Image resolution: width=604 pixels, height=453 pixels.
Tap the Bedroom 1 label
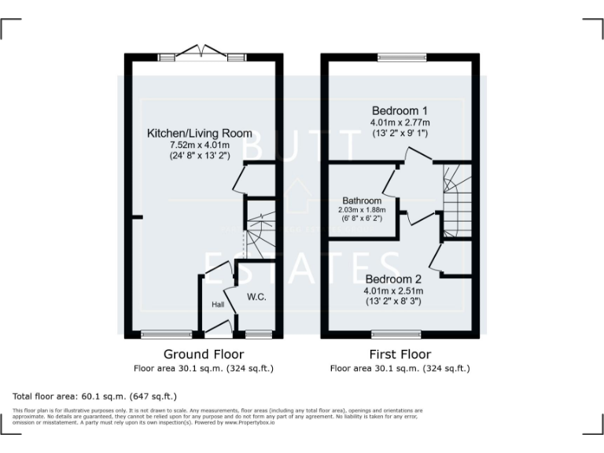click(400, 111)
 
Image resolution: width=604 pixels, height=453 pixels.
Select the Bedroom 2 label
click(394, 279)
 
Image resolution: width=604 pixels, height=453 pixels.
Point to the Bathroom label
click(362, 201)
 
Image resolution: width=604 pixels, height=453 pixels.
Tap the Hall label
click(217, 304)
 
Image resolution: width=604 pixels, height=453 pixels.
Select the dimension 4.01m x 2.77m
click(400, 123)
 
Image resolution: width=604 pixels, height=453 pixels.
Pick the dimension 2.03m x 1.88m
click(362, 210)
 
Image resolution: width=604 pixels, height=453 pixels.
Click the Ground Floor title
click(204, 354)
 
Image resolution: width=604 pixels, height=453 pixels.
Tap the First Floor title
click(400, 354)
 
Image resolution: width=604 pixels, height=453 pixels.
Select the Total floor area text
click(95, 396)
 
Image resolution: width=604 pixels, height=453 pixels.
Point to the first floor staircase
click(455, 201)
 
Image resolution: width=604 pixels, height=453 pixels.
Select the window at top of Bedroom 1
click(400, 57)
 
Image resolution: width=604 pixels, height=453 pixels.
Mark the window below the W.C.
click(259, 333)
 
